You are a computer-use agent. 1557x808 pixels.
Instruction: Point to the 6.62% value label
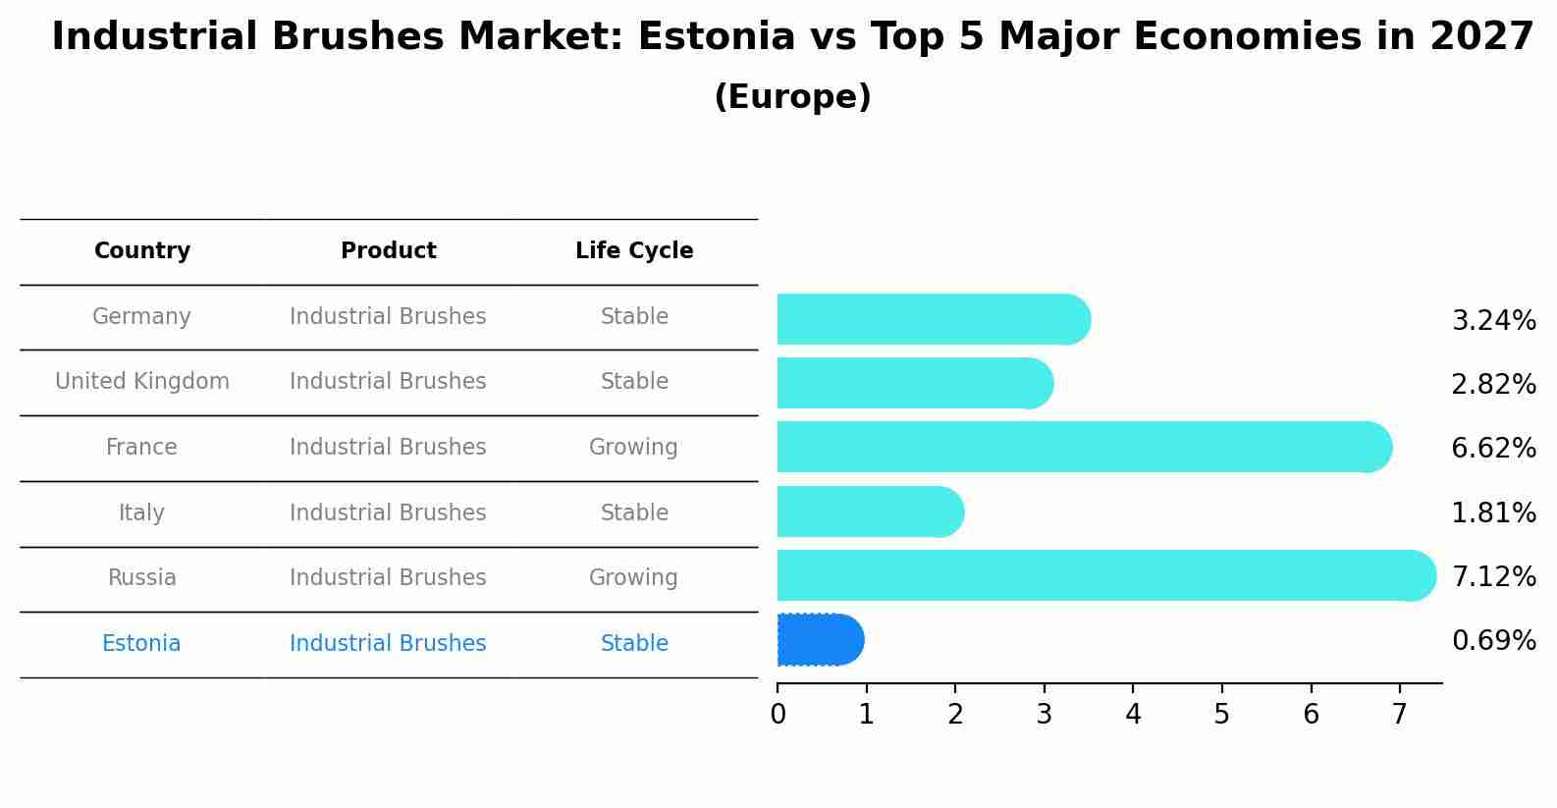[x=1492, y=449]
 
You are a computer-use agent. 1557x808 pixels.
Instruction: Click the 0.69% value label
[x=1492, y=641]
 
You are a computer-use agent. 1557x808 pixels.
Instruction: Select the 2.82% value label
[x=1492, y=385]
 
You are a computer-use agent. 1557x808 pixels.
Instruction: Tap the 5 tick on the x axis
[x=1221, y=715]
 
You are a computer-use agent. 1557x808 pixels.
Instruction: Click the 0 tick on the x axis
[x=778, y=715]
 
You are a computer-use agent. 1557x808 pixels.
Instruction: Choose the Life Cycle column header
[x=634, y=251]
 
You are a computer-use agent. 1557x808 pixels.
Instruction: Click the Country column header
[x=142, y=251]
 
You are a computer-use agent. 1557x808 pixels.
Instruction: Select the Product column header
[x=388, y=251]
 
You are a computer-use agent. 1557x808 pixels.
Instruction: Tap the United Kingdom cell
[x=142, y=382]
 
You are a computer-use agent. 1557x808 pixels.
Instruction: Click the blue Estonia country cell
[x=141, y=644]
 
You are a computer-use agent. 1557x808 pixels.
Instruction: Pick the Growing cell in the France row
[x=633, y=448]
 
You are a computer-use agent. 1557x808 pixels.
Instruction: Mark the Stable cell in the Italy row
[x=634, y=512]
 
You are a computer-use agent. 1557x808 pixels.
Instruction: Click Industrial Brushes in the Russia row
[x=388, y=578]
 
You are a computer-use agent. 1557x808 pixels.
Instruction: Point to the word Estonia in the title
[x=716, y=37]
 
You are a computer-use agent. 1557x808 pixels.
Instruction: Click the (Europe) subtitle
[x=792, y=97]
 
